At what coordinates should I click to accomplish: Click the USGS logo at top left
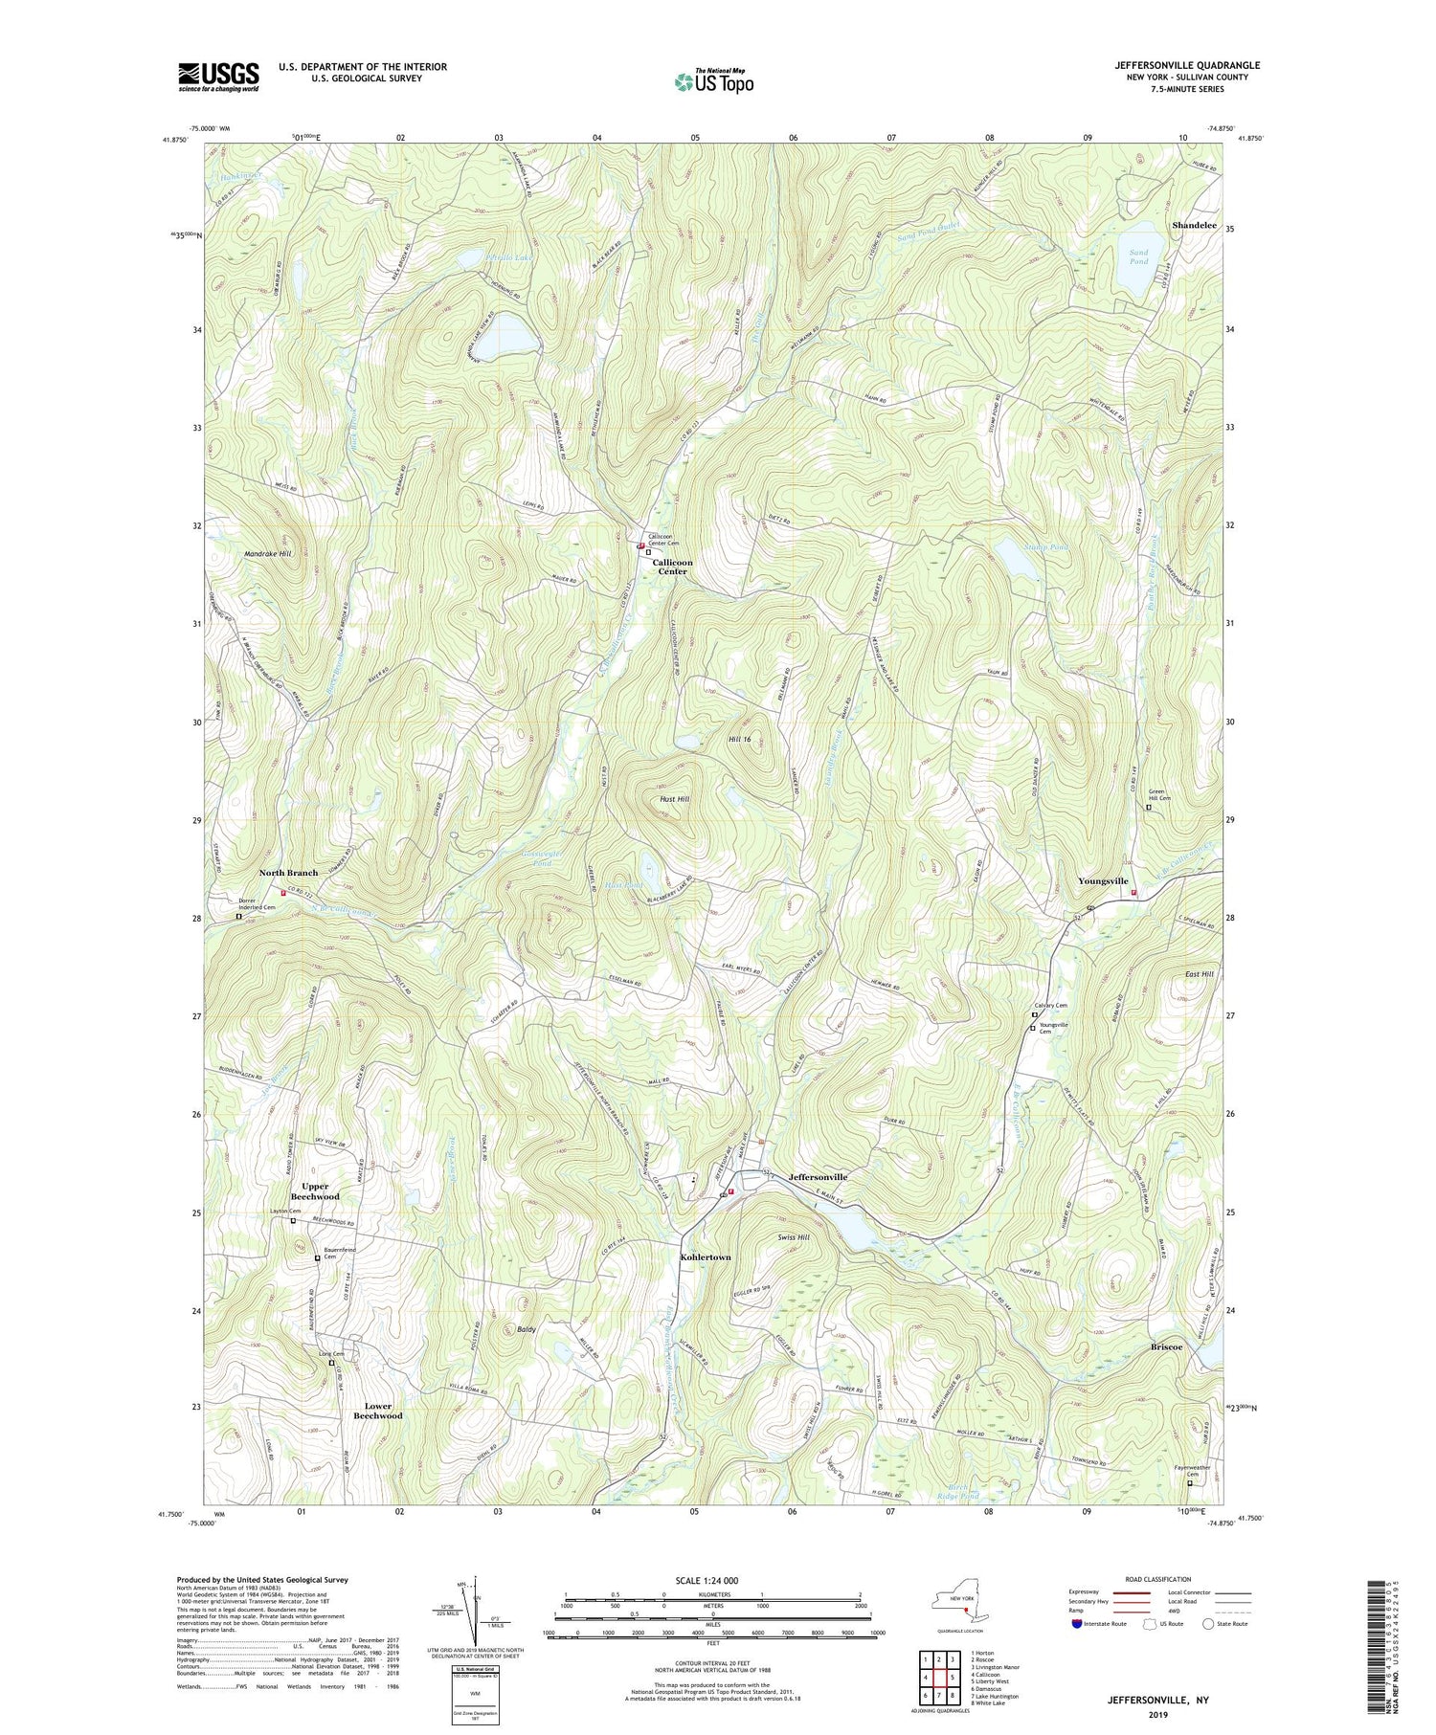click(x=218, y=76)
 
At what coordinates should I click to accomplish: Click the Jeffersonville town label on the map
click(x=818, y=1176)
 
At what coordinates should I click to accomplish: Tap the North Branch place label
click(x=288, y=873)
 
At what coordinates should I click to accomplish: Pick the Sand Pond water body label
click(x=1137, y=256)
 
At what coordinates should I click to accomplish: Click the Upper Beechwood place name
click(x=314, y=1191)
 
